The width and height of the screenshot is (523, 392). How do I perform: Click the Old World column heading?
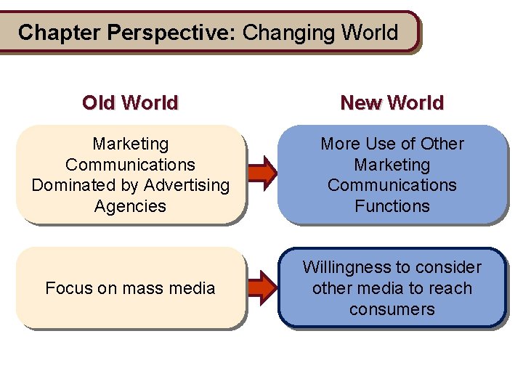pos(130,102)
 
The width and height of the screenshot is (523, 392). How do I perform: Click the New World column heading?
pos(392,102)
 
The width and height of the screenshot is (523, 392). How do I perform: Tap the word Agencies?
pos(130,206)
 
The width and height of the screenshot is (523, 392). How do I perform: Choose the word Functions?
pos(392,206)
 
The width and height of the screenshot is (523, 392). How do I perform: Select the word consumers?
pos(392,309)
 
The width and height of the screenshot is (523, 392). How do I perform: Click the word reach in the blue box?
pos(450,288)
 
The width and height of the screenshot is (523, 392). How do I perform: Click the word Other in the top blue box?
pos(442,144)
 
